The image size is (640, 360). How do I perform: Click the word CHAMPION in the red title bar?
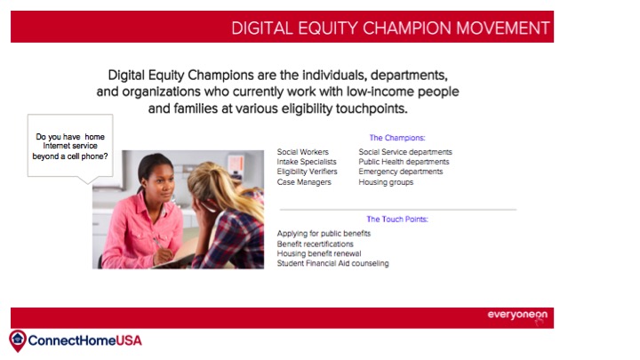point(407,28)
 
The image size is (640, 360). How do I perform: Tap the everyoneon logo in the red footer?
point(517,315)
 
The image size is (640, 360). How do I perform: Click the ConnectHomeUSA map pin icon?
point(18,340)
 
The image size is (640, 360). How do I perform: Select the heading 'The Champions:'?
point(397,138)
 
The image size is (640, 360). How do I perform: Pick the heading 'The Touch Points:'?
point(397,220)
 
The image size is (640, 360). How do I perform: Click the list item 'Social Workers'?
point(302,152)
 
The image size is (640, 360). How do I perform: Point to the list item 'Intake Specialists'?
point(307,162)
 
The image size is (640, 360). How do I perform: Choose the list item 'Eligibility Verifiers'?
point(307,172)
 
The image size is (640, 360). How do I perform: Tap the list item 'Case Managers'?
point(304,182)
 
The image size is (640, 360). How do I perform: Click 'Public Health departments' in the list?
point(404,162)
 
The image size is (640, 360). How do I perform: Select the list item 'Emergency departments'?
point(400,172)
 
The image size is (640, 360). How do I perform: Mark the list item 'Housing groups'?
point(386,182)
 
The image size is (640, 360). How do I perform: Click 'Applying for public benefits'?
point(324,234)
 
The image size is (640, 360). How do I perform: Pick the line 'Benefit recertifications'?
point(315,244)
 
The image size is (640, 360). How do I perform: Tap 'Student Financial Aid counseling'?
point(332,263)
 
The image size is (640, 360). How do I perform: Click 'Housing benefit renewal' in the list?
point(319,253)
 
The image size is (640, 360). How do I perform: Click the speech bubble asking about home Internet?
point(70,146)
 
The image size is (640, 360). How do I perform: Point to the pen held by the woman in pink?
point(157,243)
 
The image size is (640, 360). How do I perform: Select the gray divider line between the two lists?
point(398,210)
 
